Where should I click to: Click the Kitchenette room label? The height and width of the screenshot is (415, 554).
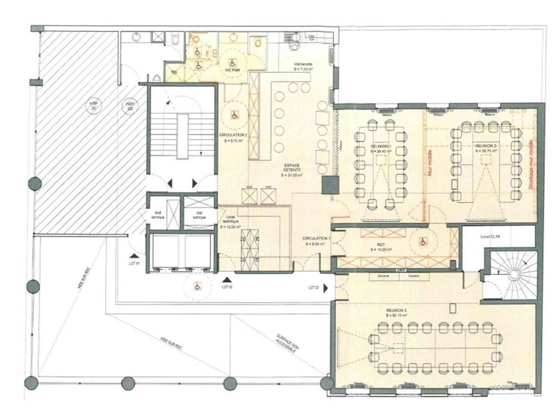303,66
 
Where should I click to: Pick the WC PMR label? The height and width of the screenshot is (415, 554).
232,70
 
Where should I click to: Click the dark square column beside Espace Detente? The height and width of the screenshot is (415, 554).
330,185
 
